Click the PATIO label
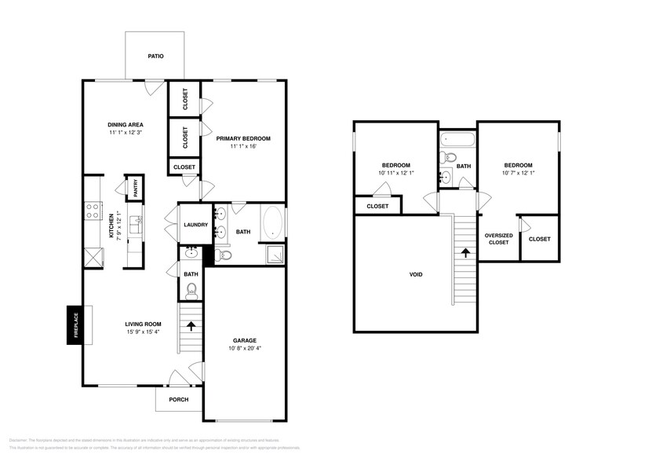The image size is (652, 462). tap(155, 57)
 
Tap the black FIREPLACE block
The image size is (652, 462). tap(75, 324)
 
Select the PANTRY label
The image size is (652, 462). tap(134, 188)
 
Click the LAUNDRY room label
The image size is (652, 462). tap(195, 225)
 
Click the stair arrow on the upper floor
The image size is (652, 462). tap(466, 253)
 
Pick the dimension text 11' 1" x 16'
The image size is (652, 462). tap(243, 147)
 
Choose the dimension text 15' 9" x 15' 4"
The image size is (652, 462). tap(143, 332)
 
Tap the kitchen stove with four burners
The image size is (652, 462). tap(92, 211)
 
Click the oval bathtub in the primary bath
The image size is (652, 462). tap(272, 222)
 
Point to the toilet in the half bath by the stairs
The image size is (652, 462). tap(191, 290)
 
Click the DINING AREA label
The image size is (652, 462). tap(125, 124)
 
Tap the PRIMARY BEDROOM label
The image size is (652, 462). tap(243, 138)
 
